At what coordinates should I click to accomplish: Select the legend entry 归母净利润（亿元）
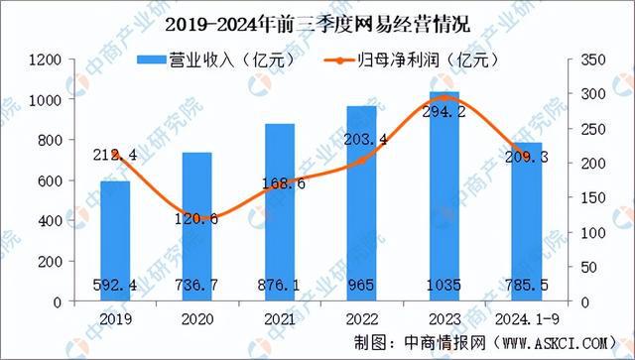tap(407, 61)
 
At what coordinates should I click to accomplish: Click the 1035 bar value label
tap(445, 286)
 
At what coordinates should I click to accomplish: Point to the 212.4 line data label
tap(115, 155)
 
